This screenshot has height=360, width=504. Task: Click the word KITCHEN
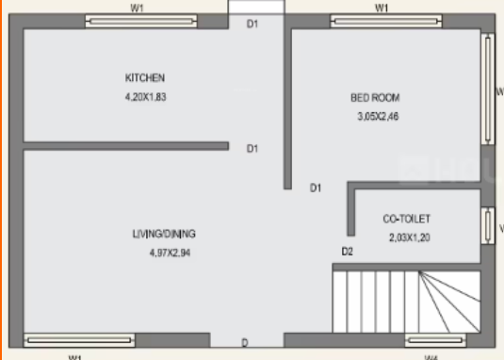(x=146, y=77)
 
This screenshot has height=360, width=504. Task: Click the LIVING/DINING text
(x=164, y=233)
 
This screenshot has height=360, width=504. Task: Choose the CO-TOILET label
(x=406, y=219)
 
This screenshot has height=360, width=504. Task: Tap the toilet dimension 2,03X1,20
(x=410, y=237)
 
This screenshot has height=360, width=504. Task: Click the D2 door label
(x=347, y=251)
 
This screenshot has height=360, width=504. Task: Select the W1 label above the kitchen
(x=138, y=7)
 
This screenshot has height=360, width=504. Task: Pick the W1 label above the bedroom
(x=382, y=7)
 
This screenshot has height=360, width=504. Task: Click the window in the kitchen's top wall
(x=140, y=21)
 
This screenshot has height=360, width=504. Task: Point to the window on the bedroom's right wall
(x=488, y=90)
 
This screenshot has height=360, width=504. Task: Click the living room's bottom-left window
(x=65, y=339)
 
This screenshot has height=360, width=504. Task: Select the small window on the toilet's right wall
(x=488, y=227)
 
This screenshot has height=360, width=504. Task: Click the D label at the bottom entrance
(x=245, y=342)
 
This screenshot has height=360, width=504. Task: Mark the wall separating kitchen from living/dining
(x=125, y=145)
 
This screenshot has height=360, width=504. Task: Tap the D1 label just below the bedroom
(x=317, y=188)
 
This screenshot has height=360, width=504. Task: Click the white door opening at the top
(x=256, y=8)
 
